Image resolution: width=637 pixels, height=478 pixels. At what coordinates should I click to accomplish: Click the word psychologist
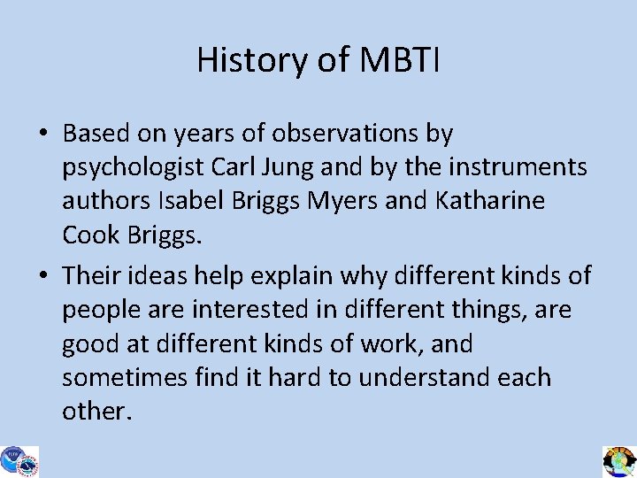pyautogui.click(x=134, y=167)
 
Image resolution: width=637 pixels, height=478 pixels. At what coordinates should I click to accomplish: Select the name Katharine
pyautogui.click(x=490, y=201)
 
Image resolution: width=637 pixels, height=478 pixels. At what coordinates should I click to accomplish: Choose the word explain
pyautogui.click(x=296, y=275)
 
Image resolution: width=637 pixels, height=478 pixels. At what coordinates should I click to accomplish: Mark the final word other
pyautogui.click(x=95, y=411)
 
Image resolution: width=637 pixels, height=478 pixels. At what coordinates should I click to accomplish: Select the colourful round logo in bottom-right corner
pyautogui.click(x=618, y=461)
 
